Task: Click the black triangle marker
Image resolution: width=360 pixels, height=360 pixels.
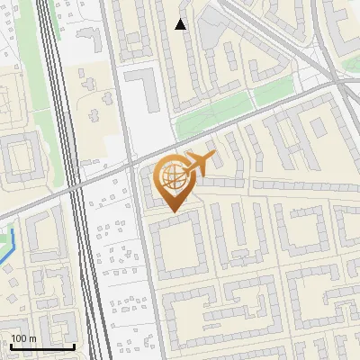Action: click(x=181, y=24)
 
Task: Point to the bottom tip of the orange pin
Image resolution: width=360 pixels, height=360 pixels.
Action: click(x=172, y=212)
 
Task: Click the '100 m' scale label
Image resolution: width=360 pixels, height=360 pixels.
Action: click(x=22, y=338)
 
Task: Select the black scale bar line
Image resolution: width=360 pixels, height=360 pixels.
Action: click(x=42, y=346)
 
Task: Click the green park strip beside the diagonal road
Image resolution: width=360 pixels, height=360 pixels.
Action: click(x=211, y=117)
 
